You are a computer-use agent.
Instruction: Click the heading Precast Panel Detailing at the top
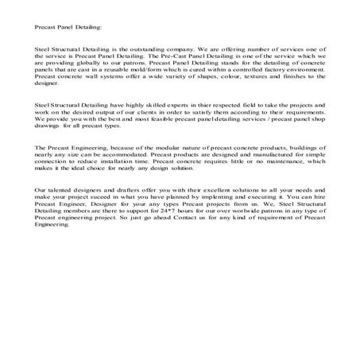(x=68, y=26)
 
